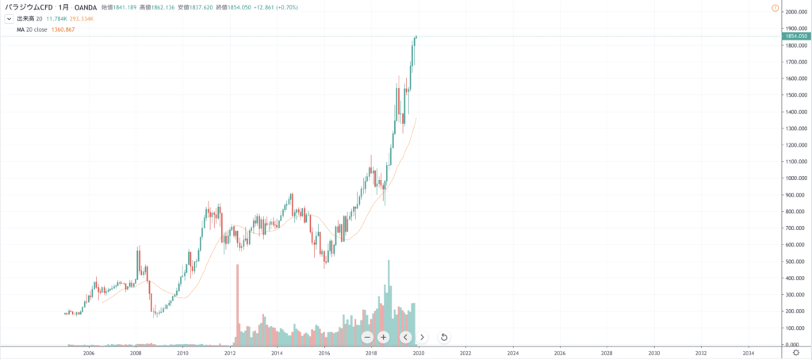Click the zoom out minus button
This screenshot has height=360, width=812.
(x=368, y=337)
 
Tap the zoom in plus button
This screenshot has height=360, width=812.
(x=383, y=337)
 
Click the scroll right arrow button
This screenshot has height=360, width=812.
(x=422, y=337)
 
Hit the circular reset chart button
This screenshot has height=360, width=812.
(x=444, y=337)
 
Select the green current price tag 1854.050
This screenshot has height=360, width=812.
(x=795, y=36)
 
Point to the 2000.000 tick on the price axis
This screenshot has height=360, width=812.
(x=795, y=12)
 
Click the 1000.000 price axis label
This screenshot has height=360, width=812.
(x=795, y=178)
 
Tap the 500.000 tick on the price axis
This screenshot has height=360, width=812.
(x=795, y=262)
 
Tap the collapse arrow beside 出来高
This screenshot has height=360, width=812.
(x=8, y=18)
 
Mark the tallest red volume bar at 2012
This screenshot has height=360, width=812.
(x=237, y=305)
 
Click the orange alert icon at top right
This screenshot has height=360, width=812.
(x=774, y=7)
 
